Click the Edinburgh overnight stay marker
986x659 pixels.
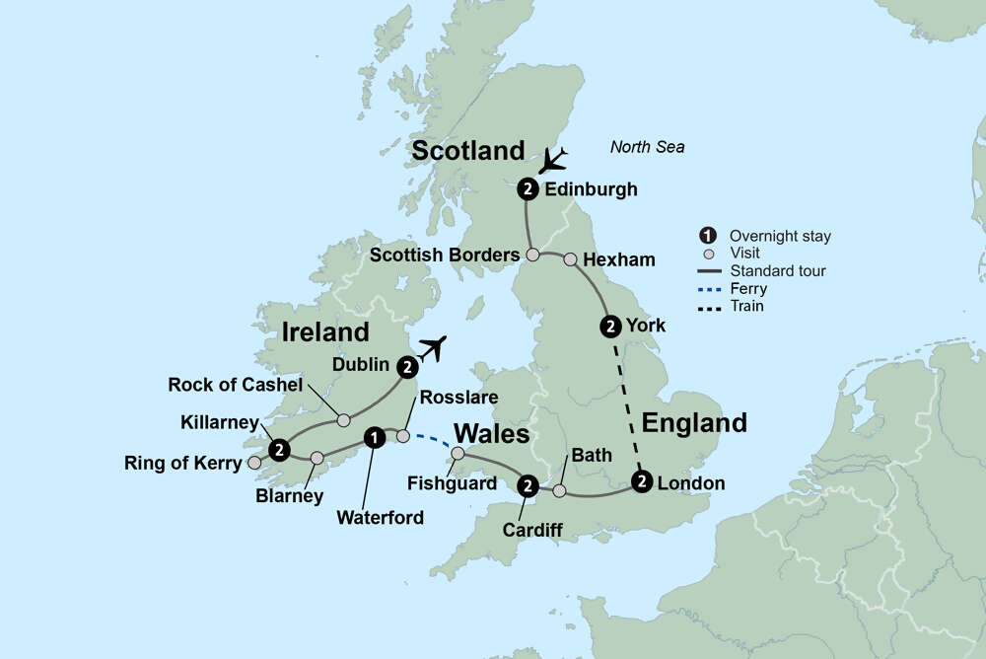(x=528, y=189)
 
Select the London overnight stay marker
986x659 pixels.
(x=642, y=482)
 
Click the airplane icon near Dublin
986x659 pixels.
(x=432, y=349)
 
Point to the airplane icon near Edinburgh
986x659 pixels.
(x=554, y=159)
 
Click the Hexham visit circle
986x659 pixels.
(x=570, y=259)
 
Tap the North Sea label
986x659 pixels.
(x=647, y=148)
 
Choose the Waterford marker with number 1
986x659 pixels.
(x=374, y=436)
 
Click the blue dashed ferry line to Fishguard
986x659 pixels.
(x=431, y=442)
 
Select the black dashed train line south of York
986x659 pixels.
(x=627, y=404)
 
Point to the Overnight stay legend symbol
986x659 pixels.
(x=707, y=236)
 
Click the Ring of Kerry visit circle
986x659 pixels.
(x=254, y=462)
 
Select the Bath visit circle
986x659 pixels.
(x=559, y=490)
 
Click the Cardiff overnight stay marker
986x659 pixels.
(x=528, y=484)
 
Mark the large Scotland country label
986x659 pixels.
(x=468, y=151)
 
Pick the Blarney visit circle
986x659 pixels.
(x=317, y=458)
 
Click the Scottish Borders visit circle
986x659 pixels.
(x=532, y=255)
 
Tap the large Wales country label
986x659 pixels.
(x=491, y=435)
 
